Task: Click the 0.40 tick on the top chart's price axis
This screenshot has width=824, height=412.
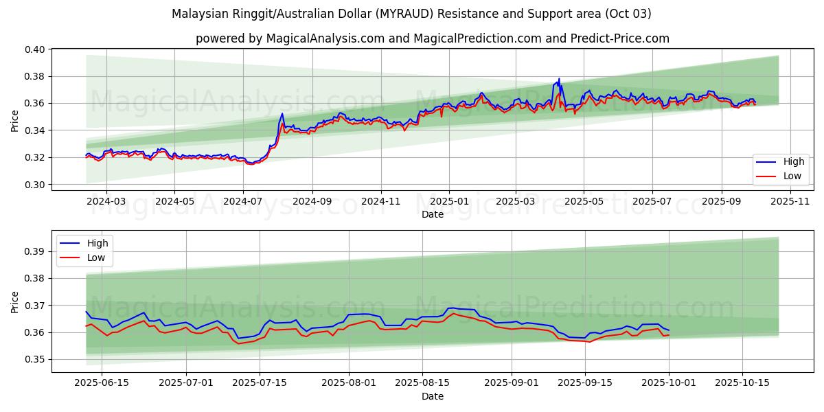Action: point(36,49)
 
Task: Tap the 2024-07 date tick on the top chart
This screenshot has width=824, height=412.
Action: point(243,201)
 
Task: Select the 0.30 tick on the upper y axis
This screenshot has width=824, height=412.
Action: point(36,185)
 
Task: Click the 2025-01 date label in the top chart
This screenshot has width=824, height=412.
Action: point(449,201)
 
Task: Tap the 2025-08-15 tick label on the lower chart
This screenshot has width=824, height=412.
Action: point(422,382)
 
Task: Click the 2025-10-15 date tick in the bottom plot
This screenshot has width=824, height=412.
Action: point(742,382)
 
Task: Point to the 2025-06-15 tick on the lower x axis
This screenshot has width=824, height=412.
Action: point(102,382)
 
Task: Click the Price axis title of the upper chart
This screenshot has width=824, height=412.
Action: point(15,120)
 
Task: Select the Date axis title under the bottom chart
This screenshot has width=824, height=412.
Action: point(433,396)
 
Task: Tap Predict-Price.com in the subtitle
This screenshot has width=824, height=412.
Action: point(620,38)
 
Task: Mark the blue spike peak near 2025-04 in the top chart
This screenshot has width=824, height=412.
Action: point(559,79)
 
